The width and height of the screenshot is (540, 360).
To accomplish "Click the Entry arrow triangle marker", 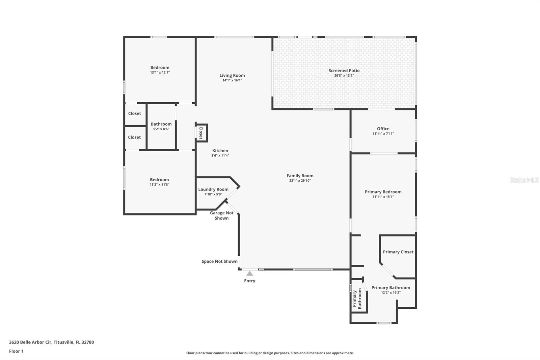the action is (x=249, y=274).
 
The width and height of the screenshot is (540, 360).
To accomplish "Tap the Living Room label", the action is (x=232, y=76).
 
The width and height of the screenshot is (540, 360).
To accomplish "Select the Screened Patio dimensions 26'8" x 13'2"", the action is (x=344, y=76).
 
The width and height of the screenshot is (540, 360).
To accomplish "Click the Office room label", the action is (x=383, y=129).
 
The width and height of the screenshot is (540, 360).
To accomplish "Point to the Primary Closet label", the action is (x=398, y=252).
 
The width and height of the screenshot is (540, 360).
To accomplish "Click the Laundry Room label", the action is (x=213, y=189).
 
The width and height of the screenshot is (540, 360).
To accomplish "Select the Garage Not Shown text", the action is (x=222, y=215).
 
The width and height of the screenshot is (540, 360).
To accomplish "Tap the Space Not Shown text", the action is (x=219, y=261).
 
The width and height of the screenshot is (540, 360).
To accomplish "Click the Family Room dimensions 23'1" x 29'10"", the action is (x=300, y=181).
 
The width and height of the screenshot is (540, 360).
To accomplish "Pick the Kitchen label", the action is (x=220, y=151).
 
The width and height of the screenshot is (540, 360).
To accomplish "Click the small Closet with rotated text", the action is (x=201, y=133).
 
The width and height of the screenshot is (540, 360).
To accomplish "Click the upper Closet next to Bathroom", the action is (x=134, y=113).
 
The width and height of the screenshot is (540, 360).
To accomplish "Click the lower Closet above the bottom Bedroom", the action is (x=134, y=137).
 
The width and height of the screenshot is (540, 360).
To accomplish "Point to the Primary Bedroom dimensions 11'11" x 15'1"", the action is (x=383, y=197).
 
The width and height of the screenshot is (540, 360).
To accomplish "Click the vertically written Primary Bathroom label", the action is (x=357, y=299).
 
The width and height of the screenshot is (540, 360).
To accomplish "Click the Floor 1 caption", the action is (x=16, y=351).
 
